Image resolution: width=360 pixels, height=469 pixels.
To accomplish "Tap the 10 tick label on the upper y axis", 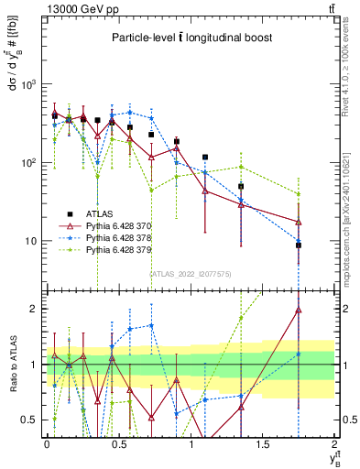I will coord(35,242).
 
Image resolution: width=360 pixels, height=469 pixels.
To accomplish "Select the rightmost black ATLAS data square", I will coord(299,245).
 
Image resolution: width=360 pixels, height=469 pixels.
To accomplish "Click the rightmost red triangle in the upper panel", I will coord(299,222).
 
